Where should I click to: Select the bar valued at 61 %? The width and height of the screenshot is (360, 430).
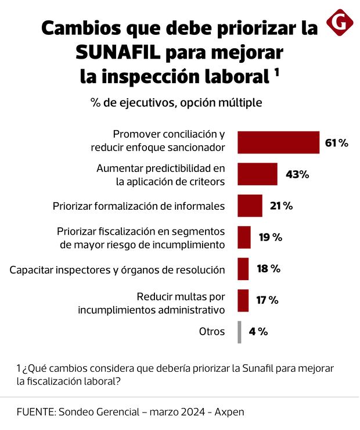(279, 142)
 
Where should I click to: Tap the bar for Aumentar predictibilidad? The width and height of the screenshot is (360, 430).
(258, 174)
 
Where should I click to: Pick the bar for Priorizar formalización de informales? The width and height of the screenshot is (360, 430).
(250, 205)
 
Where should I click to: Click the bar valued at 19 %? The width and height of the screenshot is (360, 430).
(244, 237)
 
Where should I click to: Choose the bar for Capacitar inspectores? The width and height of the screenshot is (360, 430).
(243, 269)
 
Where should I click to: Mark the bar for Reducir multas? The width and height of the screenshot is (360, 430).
(243, 300)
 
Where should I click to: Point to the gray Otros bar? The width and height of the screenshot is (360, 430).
(239, 332)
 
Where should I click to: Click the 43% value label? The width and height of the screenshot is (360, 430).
(297, 174)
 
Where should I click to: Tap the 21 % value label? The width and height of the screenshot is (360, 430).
(281, 206)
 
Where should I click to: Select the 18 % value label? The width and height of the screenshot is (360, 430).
(268, 269)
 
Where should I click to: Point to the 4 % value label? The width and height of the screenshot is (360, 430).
(258, 332)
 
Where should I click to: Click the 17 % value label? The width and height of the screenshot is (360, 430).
(268, 300)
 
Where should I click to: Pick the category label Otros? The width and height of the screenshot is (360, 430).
(211, 332)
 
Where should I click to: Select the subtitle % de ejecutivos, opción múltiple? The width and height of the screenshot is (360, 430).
(176, 103)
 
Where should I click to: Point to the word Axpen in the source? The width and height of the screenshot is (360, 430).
(229, 411)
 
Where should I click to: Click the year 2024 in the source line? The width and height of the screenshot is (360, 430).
(192, 411)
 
